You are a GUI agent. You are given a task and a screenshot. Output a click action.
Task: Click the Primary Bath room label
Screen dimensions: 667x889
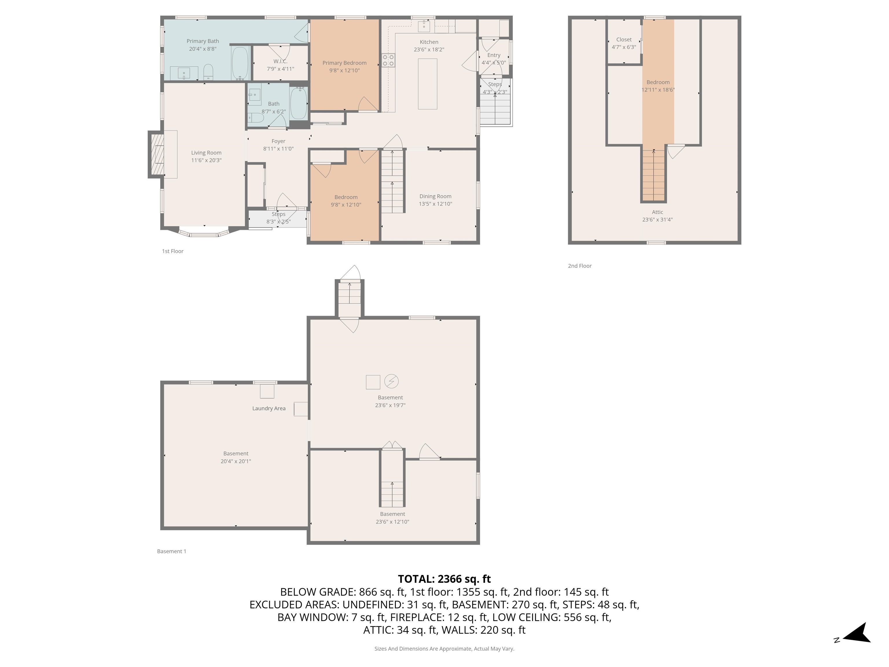pyautogui.click(x=203, y=41)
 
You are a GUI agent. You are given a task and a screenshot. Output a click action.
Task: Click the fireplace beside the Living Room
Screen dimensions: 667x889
pyautogui.click(x=157, y=154)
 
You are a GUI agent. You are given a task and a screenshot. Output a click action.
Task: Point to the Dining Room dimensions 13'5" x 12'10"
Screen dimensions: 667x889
pyautogui.click(x=435, y=204)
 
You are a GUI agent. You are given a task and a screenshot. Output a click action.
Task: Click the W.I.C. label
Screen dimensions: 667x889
pyautogui.click(x=280, y=61)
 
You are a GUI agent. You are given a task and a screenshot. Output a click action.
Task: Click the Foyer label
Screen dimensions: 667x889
pyautogui.click(x=278, y=141)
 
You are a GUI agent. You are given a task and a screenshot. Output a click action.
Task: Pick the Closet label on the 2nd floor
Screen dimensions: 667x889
pyautogui.click(x=624, y=39)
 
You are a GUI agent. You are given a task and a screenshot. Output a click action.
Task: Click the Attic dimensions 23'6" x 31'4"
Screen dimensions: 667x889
pyautogui.click(x=657, y=219)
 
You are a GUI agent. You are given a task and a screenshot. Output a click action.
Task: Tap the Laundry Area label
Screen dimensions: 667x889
pyautogui.click(x=269, y=408)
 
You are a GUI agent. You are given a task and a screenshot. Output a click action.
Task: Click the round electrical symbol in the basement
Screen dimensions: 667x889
pyautogui.click(x=391, y=381)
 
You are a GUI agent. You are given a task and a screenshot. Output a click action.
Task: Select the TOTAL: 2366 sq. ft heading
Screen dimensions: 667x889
pyautogui.click(x=444, y=579)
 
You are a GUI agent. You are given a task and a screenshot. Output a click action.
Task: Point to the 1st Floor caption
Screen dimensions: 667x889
pyautogui.click(x=172, y=251)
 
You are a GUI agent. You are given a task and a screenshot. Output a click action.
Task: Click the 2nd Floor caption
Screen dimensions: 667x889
pyautogui.click(x=580, y=266)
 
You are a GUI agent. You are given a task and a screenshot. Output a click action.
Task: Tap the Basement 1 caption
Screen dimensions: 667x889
pyautogui.click(x=172, y=551)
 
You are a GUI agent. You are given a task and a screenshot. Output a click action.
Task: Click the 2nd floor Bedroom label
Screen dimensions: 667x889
pyautogui.click(x=658, y=82)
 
